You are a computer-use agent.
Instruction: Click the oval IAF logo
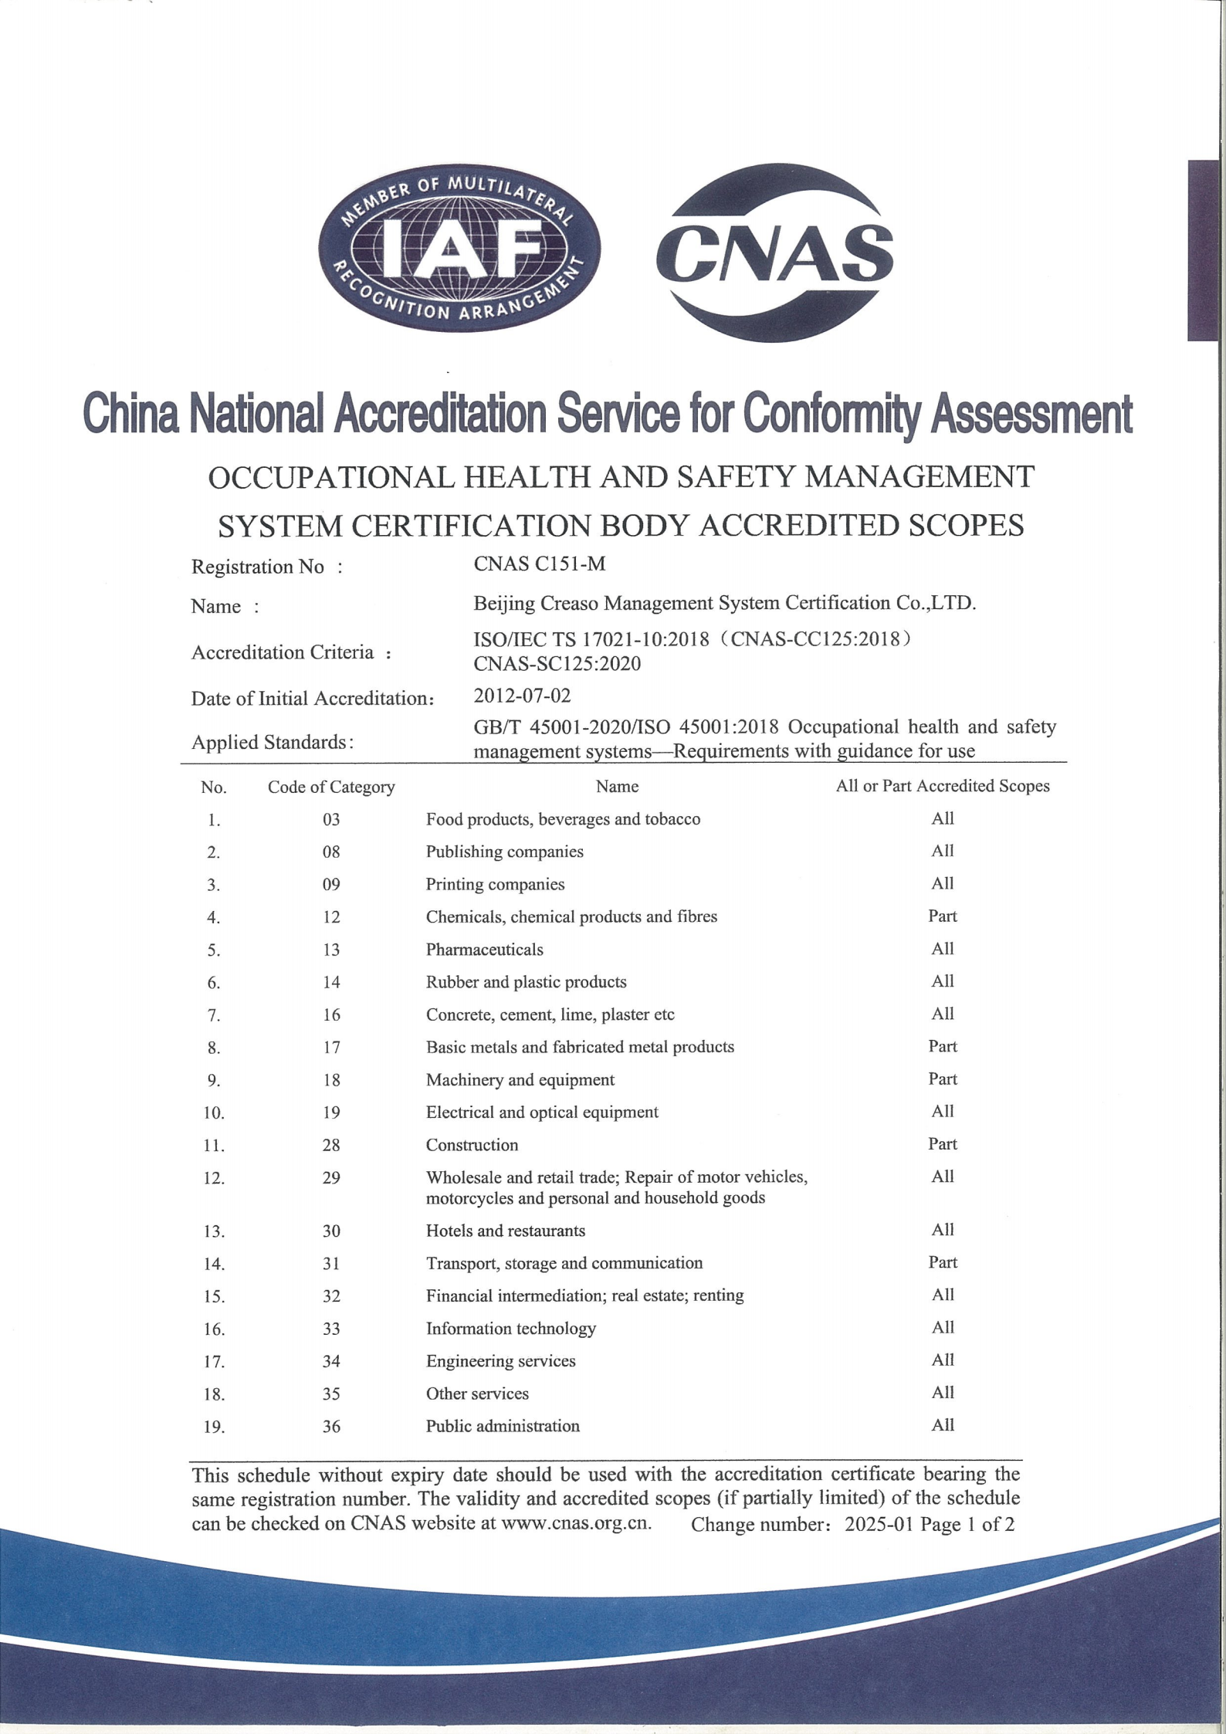459,252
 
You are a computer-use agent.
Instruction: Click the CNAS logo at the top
774,252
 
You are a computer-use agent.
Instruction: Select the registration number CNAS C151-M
539,564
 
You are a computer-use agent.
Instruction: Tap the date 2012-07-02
522,696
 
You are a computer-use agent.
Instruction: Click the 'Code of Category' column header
331,787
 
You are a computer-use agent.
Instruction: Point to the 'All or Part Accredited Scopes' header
942,786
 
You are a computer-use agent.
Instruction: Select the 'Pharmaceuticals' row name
484,950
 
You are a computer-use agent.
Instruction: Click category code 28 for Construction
331,1145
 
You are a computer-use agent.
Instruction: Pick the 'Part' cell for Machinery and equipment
942,1079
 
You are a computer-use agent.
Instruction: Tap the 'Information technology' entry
510,1328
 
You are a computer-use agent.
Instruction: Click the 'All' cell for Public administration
942,1425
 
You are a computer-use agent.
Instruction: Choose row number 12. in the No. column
214,1178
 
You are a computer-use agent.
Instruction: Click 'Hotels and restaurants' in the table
505,1231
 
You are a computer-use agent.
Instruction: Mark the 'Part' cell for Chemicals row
942,916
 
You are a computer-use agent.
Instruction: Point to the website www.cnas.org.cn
576,1523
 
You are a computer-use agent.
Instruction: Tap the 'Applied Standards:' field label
273,742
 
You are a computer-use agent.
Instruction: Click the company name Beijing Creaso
724,603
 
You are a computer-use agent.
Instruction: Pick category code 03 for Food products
331,819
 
